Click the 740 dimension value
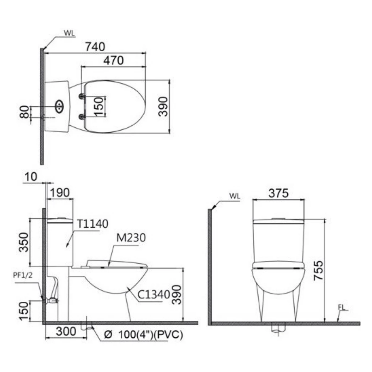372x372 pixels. coord(95,47)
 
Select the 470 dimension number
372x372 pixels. coord(113,60)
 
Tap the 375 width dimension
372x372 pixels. coord(278,193)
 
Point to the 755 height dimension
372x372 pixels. coord(319,270)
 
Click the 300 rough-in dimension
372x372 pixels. coord(66,331)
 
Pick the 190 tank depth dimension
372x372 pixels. coord(60,193)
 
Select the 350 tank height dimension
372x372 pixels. coord(24,242)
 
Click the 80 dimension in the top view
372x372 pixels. coord(24,112)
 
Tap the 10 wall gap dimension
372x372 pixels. coord(31,177)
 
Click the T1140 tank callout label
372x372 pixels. coord(93,224)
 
